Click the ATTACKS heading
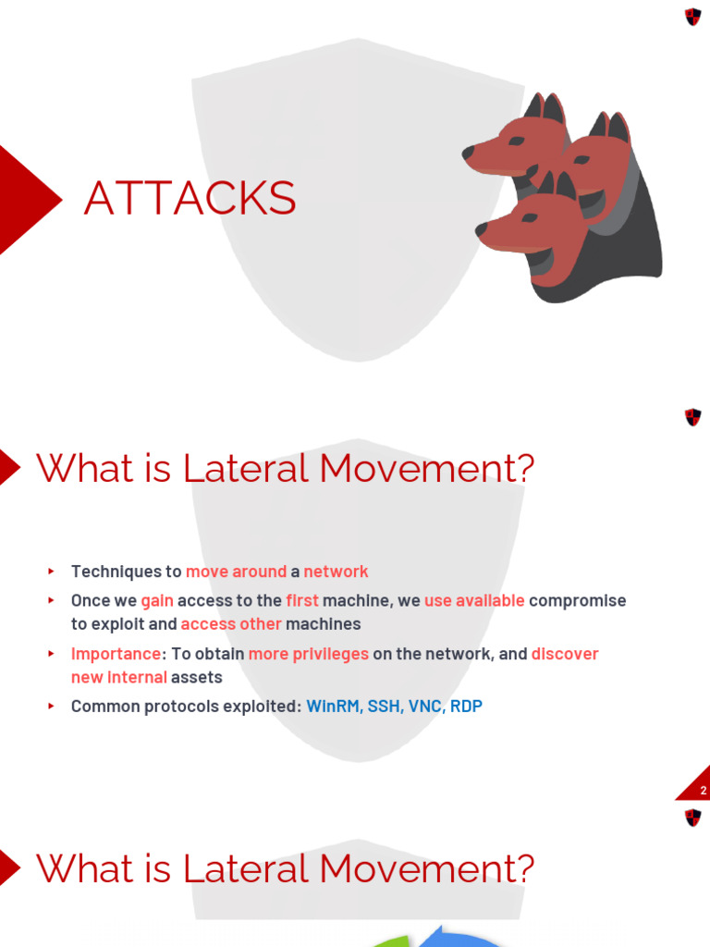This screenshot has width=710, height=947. tap(190, 198)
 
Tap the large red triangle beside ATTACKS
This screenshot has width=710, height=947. tap(25, 199)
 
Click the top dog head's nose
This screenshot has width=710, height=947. tap(469, 154)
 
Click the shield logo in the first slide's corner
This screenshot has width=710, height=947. tap(692, 17)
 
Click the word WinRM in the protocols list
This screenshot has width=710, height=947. tap(335, 706)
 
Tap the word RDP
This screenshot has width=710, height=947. tap(466, 706)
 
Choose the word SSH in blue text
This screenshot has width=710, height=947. tap(385, 706)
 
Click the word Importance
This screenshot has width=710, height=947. tap(116, 654)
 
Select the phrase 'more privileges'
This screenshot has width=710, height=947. tap(309, 654)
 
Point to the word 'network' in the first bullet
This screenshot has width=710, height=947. tap(336, 572)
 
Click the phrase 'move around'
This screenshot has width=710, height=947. tap(236, 572)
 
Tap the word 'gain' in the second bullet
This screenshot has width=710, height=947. tap(157, 600)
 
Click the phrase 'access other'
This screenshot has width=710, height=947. tap(230, 623)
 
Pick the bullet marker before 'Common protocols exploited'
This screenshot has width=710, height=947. tap(51, 706)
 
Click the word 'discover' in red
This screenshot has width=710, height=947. tap(565, 654)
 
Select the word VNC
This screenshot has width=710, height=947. tap(425, 706)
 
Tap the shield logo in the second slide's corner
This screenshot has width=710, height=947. tap(692, 417)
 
